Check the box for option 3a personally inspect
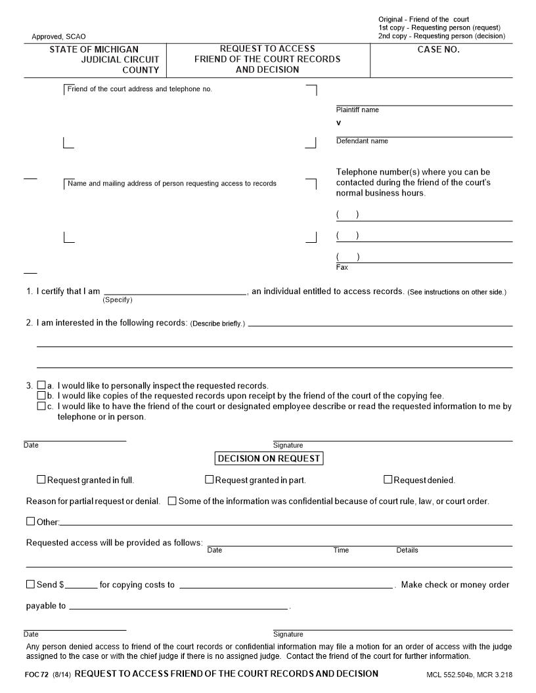click(41, 386)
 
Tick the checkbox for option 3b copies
click(41, 396)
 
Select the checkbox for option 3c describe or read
click(41, 406)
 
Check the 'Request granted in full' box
click(41, 480)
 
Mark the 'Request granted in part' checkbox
click(210, 480)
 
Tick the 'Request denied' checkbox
click(388, 480)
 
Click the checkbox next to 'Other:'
click(30, 522)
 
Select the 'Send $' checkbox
click(30, 584)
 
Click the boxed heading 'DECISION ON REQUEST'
click(269, 459)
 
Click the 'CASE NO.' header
click(438, 50)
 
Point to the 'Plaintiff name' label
click(357, 110)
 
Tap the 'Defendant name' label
click(362, 141)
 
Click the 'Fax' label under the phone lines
click(342, 268)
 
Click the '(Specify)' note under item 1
click(118, 300)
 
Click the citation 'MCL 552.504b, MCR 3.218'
click(468, 675)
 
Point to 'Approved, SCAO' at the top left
click(58, 37)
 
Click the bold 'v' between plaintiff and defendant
click(339, 123)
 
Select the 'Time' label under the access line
click(341, 550)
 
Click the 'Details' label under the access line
click(407, 550)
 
